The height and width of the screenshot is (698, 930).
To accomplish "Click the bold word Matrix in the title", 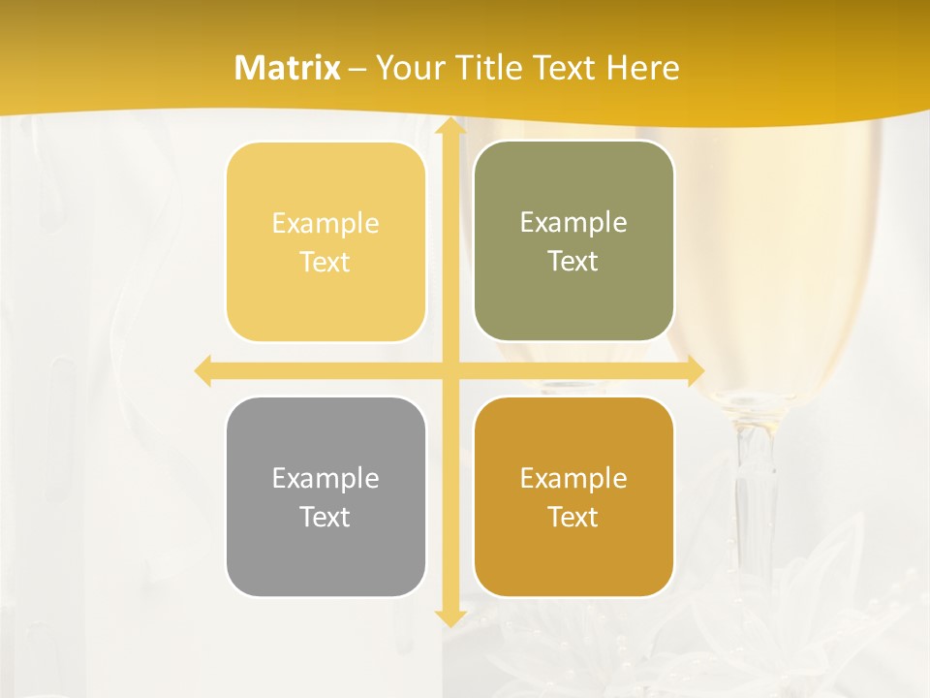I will point(288,68).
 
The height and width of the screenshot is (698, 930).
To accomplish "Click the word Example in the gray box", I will point(325,478).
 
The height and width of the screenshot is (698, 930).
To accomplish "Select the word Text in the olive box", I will point(573,262).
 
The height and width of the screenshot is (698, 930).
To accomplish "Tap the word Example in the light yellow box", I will point(325,223).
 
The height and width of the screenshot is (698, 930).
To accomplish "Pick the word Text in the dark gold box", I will point(573,517).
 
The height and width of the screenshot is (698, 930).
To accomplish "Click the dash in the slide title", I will point(357,69).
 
